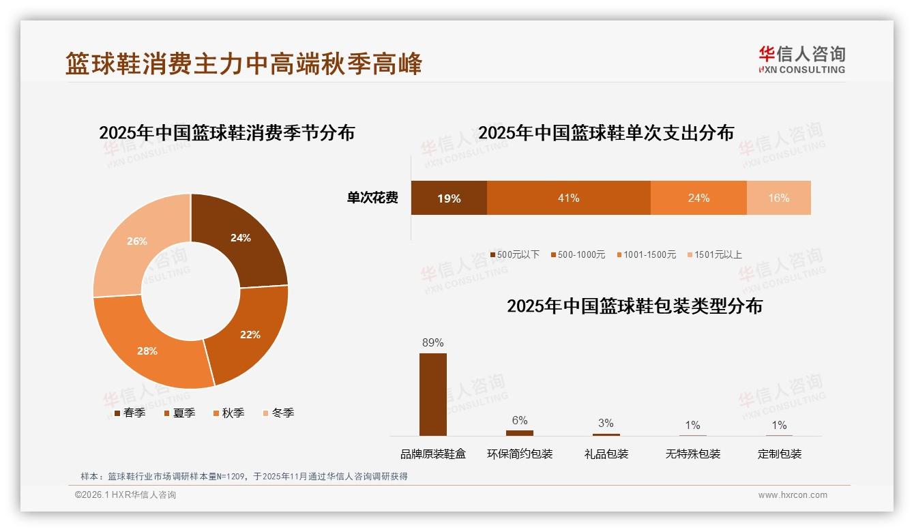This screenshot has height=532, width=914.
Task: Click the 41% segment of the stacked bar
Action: [x=568, y=198]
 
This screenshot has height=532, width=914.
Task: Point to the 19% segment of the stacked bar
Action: [x=449, y=198]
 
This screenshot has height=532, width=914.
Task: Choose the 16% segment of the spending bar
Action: [x=778, y=198]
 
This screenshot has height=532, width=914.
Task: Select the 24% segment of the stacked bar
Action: [x=698, y=198]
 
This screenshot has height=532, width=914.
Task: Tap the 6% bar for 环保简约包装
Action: [x=519, y=432]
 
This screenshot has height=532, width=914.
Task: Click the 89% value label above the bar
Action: [x=432, y=342]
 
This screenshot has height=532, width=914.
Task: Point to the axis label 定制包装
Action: [x=779, y=454]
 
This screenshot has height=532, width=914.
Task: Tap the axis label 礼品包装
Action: [x=606, y=454]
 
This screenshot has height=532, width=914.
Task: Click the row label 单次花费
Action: [x=372, y=198]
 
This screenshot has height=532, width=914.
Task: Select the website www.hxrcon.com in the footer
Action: [x=793, y=495]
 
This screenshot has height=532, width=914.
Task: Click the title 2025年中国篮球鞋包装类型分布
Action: [x=634, y=306]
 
